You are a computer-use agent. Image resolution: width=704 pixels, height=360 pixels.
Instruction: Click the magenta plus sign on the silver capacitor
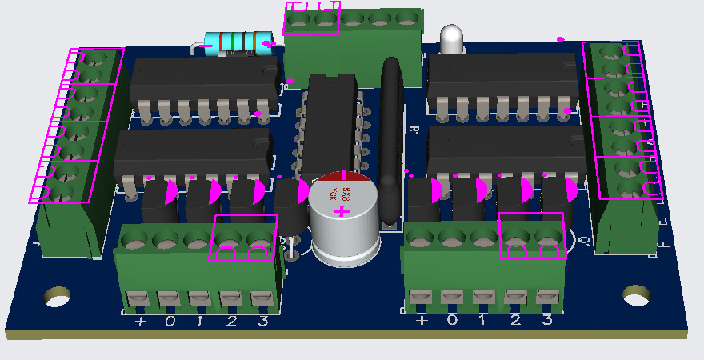[342, 212]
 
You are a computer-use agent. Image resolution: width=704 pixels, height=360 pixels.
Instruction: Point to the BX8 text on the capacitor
[347, 193]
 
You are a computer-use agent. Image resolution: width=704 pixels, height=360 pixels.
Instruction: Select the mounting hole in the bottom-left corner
[57, 297]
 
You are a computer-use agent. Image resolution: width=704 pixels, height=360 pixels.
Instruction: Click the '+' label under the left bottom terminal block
[141, 322]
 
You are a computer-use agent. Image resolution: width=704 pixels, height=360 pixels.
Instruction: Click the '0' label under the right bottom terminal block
[453, 320]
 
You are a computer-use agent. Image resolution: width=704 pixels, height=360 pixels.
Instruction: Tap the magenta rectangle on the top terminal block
[312, 18]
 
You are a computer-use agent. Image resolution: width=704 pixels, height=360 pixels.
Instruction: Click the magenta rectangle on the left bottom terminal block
[244, 238]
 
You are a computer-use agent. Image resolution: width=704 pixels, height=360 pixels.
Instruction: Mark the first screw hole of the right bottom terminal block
[421, 237]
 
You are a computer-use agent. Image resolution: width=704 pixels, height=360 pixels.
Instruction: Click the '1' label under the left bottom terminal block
[201, 322]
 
